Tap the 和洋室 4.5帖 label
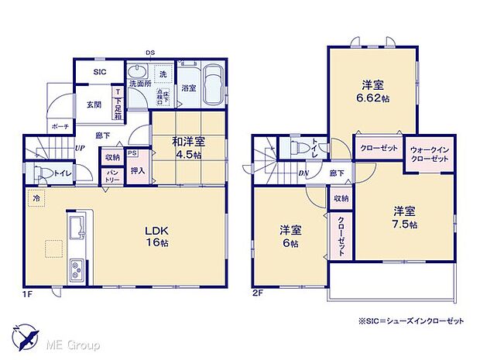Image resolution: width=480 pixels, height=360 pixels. (189, 147)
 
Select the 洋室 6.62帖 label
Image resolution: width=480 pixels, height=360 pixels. (375, 92)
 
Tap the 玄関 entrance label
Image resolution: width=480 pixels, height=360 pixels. (94, 105)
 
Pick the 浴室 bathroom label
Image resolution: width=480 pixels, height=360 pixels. (188, 89)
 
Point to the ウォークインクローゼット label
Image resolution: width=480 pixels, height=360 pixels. (427, 153)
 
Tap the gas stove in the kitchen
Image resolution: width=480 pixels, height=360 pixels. (79, 271)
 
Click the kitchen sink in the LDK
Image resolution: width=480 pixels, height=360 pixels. (78, 228)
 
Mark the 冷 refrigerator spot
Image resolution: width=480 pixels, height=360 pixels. (35, 198)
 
